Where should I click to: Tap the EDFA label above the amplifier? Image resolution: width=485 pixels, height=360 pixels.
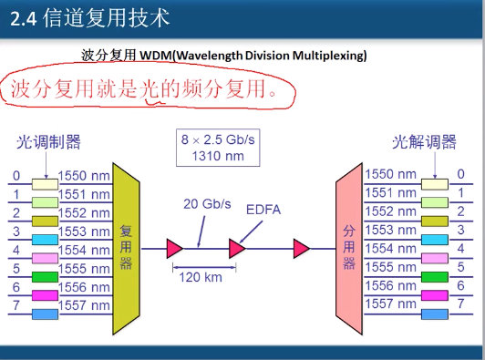click(263, 210)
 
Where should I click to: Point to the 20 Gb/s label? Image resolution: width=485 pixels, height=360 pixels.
click(207, 202)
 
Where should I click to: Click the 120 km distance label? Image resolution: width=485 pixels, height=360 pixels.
click(199, 274)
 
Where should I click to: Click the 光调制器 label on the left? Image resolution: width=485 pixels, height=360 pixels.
click(48, 141)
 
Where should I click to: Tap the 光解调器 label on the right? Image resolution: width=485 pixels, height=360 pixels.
click(424, 141)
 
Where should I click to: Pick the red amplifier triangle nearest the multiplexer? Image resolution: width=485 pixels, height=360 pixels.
click(174, 246)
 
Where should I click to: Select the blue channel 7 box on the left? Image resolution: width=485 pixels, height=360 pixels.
click(45, 314)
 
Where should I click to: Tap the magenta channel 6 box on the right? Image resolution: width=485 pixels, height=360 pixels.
click(434, 296)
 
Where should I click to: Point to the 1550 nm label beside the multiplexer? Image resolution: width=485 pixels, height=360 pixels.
click(84, 175)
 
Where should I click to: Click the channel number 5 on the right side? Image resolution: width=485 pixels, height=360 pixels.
click(461, 267)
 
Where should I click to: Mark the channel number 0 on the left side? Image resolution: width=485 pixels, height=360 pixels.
click(15, 176)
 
